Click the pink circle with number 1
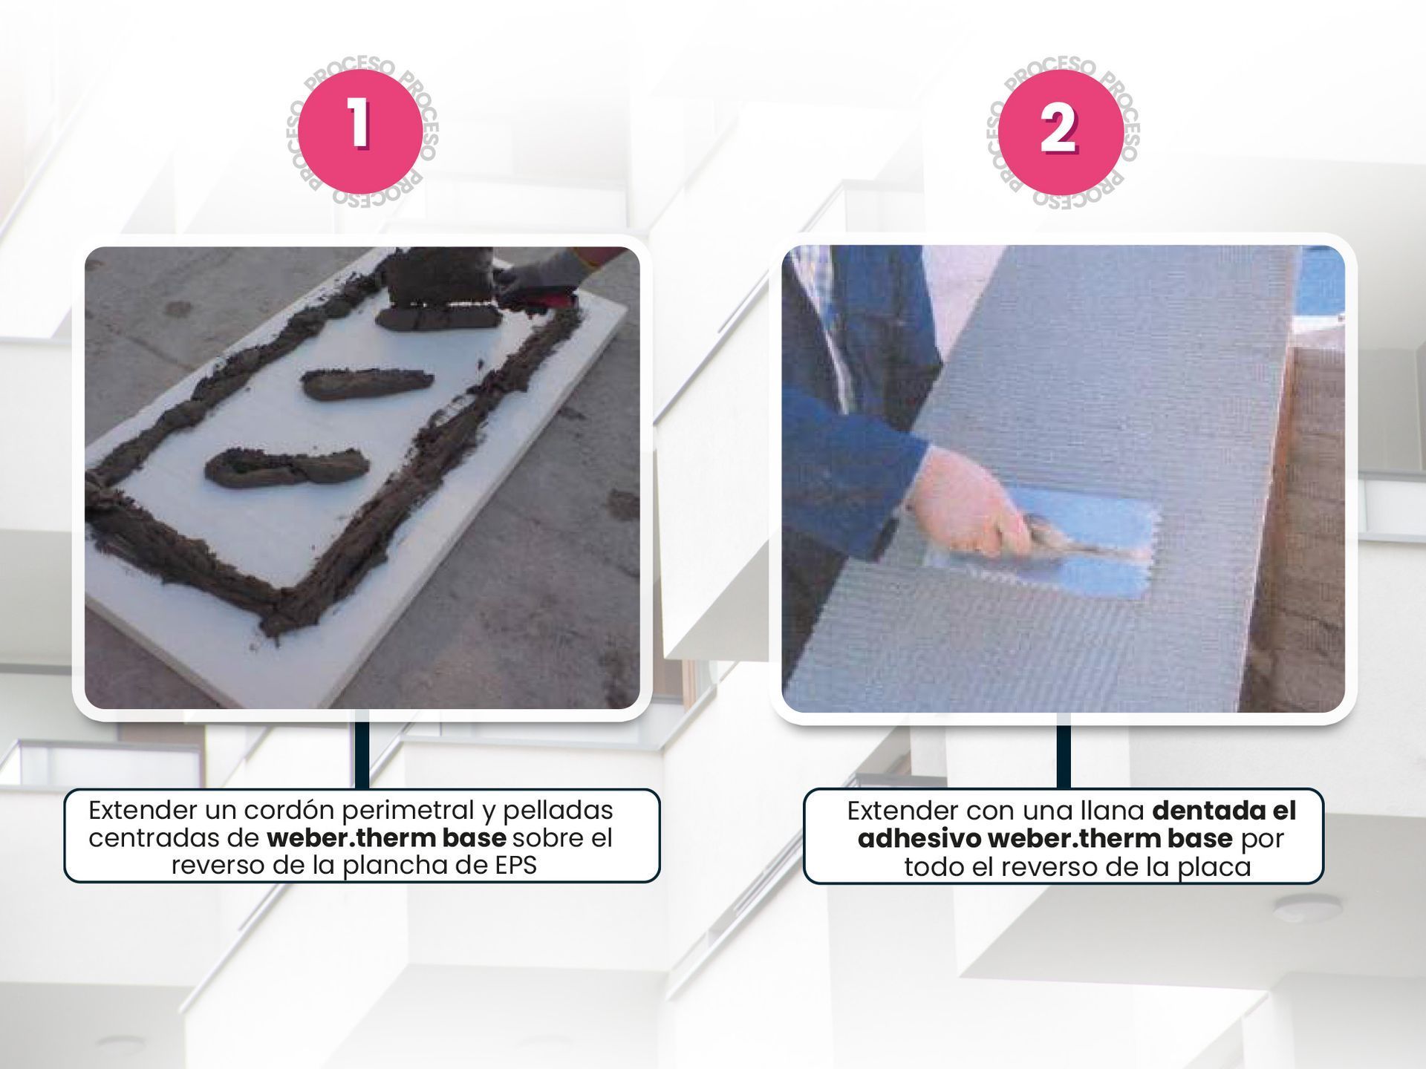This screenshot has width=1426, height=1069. (x=360, y=131)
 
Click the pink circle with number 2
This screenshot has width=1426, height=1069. (x=1061, y=131)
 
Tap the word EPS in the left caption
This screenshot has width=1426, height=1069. (x=515, y=866)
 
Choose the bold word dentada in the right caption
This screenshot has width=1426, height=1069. (x=1202, y=811)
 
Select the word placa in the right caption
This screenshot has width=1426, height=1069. (x=1216, y=866)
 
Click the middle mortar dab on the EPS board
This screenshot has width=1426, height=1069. (x=367, y=383)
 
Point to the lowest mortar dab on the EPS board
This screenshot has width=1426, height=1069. (x=287, y=467)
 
